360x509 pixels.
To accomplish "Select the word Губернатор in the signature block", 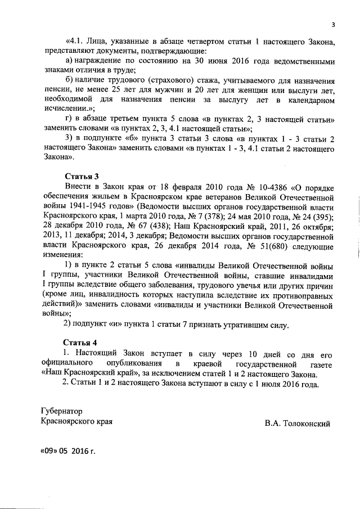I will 61,411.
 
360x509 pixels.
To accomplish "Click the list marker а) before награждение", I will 70,60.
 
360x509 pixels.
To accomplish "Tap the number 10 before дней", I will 253,354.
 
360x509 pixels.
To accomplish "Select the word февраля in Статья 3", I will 170,187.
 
